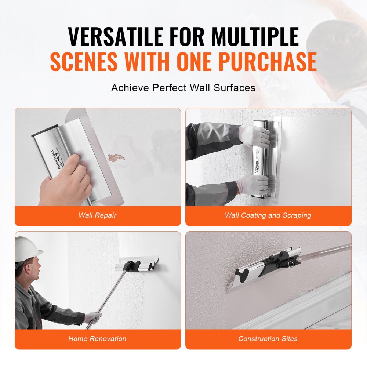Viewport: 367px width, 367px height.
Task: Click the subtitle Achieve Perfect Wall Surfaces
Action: coord(183,88)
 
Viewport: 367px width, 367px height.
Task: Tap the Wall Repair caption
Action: coord(98,215)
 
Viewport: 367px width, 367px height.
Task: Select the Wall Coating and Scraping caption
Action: coord(268,215)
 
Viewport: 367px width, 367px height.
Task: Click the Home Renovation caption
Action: coord(97,339)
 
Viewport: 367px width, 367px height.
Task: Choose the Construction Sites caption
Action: coord(268,339)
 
